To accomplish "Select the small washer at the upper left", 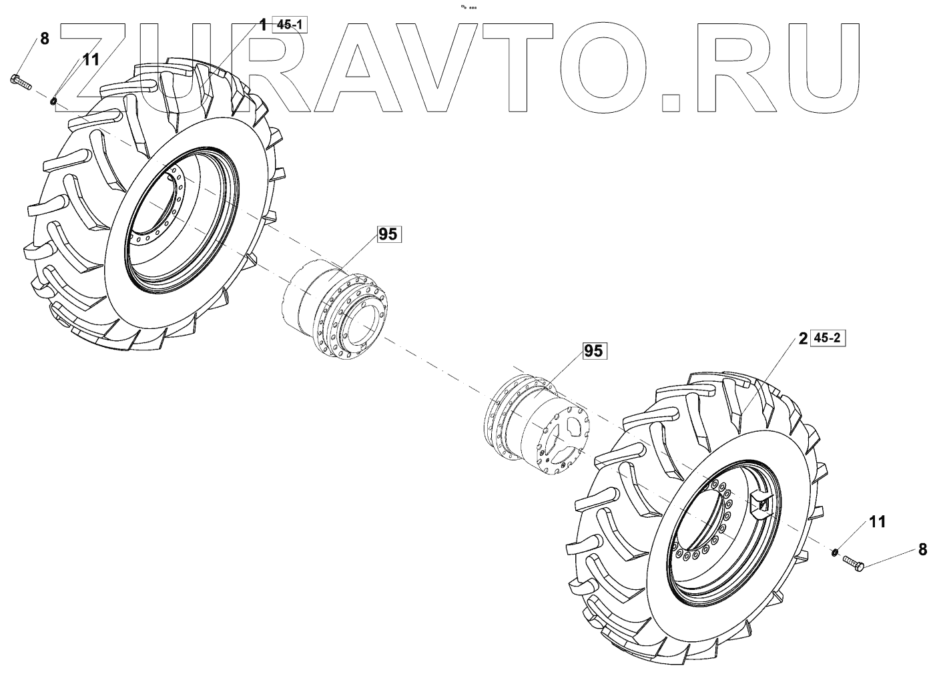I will pos(53,101).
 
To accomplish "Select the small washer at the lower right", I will pos(834,551).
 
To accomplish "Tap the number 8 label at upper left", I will pos(45,39).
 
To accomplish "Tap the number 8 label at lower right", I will pos(923,550).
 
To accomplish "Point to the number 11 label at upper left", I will pos(90,59).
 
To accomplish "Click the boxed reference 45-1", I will pos(290,25).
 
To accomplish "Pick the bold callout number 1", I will pos(263,25).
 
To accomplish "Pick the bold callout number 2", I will pos(803,339).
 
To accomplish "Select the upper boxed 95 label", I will pos(388,234).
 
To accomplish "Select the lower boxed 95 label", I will pos(593,351).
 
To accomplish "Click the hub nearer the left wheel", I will pos(333,306).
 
